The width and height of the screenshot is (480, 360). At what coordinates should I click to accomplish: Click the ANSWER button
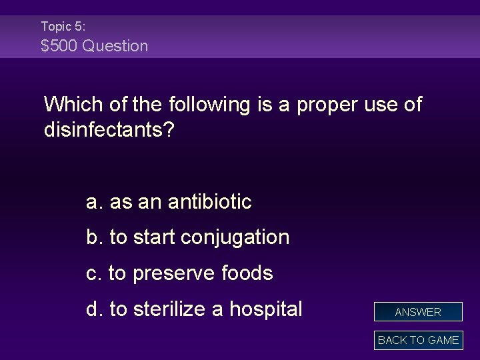[x=418, y=311]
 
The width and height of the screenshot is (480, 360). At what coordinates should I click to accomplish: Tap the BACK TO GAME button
[x=418, y=340]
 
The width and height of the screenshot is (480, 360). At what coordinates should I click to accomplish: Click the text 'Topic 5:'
[x=63, y=26]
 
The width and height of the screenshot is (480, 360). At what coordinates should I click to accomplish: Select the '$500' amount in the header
[x=58, y=46]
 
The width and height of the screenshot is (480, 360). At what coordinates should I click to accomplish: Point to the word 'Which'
[x=68, y=105]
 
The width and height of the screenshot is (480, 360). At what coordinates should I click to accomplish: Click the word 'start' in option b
[x=154, y=237]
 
